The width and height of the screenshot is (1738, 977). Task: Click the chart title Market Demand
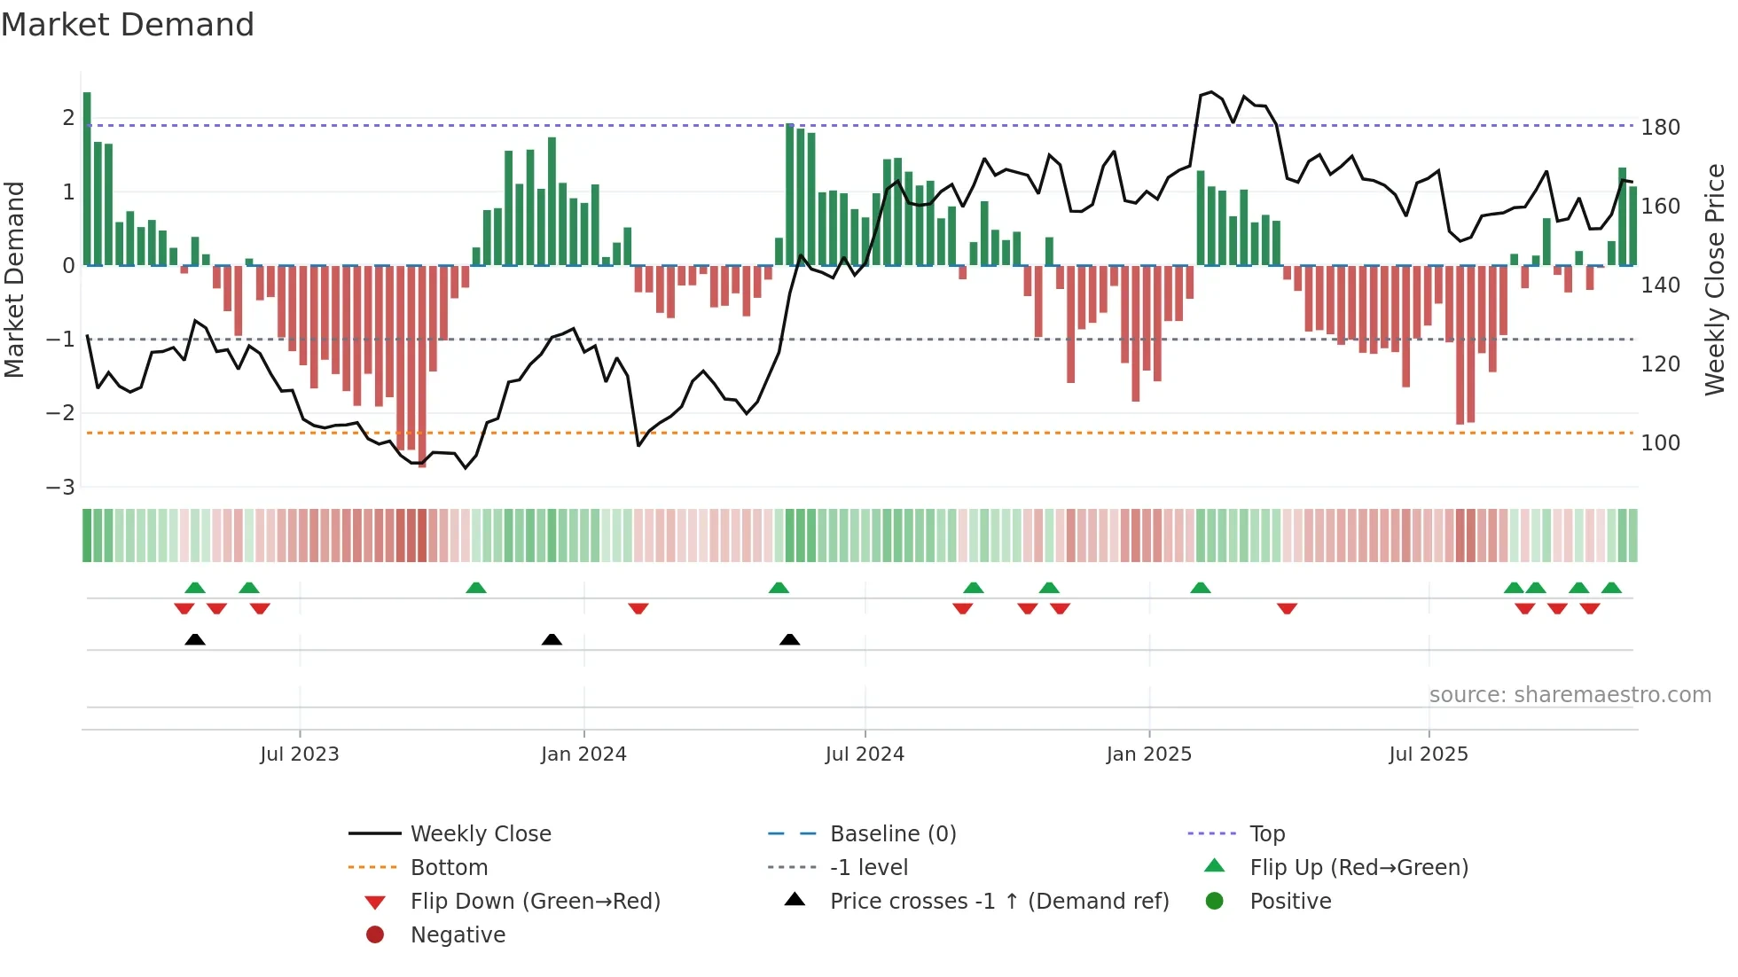click(x=128, y=25)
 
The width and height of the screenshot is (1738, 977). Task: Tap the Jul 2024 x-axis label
click(x=865, y=754)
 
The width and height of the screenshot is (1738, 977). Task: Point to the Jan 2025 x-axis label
click(x=1149, y=754)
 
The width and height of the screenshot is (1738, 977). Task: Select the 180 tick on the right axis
click(x=1660, y=128)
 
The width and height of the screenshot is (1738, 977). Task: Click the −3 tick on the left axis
click(x=61, y=488)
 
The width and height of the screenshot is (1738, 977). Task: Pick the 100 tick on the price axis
click(x=1660, y=443)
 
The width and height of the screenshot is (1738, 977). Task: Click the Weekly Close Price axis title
click(x=1715, y=279)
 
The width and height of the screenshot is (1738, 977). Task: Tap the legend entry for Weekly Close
click(x=480, y=834)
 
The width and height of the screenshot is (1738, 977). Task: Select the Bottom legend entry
click(x=449, y=868)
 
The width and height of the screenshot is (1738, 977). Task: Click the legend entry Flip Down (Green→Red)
click(x=535, y=902)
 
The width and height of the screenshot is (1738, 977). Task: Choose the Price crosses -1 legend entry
click(x=998, y=902)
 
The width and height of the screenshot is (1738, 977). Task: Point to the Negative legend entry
click(x=458, y=935)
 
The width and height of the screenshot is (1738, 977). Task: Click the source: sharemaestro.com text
click(x=1570, y=695)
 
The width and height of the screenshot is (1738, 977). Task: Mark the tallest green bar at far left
click(x=87, y=177)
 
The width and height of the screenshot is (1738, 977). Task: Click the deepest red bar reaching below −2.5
click(x=422, y=372)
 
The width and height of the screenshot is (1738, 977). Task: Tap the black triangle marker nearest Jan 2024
click(x=552, y=639)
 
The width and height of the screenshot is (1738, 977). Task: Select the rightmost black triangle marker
click(x=789, y=639)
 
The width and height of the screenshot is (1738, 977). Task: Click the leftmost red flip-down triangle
click(x=184, y=608)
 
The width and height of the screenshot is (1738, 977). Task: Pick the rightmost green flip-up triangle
click(x=1611, y=588)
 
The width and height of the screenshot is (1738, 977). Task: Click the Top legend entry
click(x=1266, y=834)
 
